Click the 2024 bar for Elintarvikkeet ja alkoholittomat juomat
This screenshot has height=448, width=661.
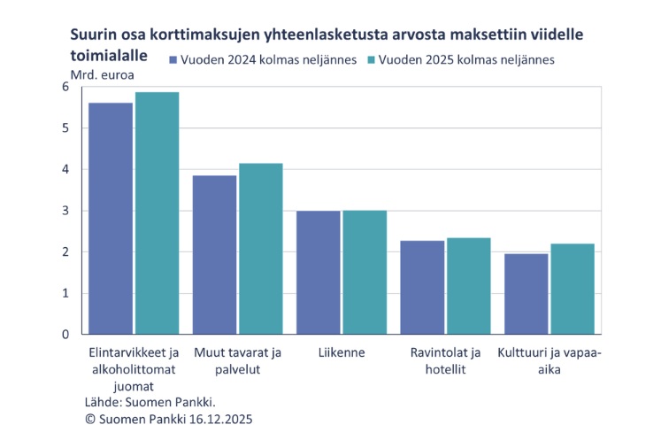point(111,219)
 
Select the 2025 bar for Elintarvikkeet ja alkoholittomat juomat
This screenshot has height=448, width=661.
point(157,213)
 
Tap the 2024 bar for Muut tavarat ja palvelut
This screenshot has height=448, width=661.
point(214,255)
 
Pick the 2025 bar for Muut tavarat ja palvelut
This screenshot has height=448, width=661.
point(260,249)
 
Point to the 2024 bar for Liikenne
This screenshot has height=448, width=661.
point(318,273)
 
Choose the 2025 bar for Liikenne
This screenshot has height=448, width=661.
point(365,273)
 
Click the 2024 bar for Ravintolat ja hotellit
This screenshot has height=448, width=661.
point(422,288)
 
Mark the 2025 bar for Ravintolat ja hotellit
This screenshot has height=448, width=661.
point(468,286)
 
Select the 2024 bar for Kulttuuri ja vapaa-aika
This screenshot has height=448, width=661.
point(526,294)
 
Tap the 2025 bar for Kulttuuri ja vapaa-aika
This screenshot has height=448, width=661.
point(572,290)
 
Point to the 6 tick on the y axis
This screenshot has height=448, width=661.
point(65,87)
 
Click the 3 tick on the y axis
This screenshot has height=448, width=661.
point(65,211)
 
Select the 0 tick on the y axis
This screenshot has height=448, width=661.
point(65,335)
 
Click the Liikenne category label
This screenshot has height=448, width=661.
point(342,352)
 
